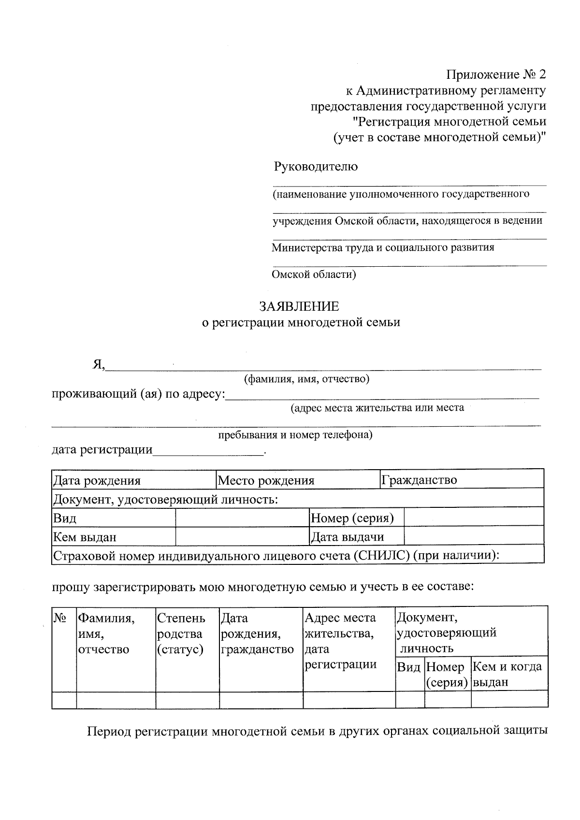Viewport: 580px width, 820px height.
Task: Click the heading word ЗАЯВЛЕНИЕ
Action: click(299, 306)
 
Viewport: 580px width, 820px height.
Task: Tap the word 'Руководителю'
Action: click(316, 167)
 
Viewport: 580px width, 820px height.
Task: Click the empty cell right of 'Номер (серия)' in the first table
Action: click(474, 518)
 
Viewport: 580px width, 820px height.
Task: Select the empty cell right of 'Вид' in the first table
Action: click(242, 518)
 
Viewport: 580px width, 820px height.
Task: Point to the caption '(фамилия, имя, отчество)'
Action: click(306, 379)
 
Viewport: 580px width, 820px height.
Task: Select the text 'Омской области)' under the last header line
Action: click(314, 274)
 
